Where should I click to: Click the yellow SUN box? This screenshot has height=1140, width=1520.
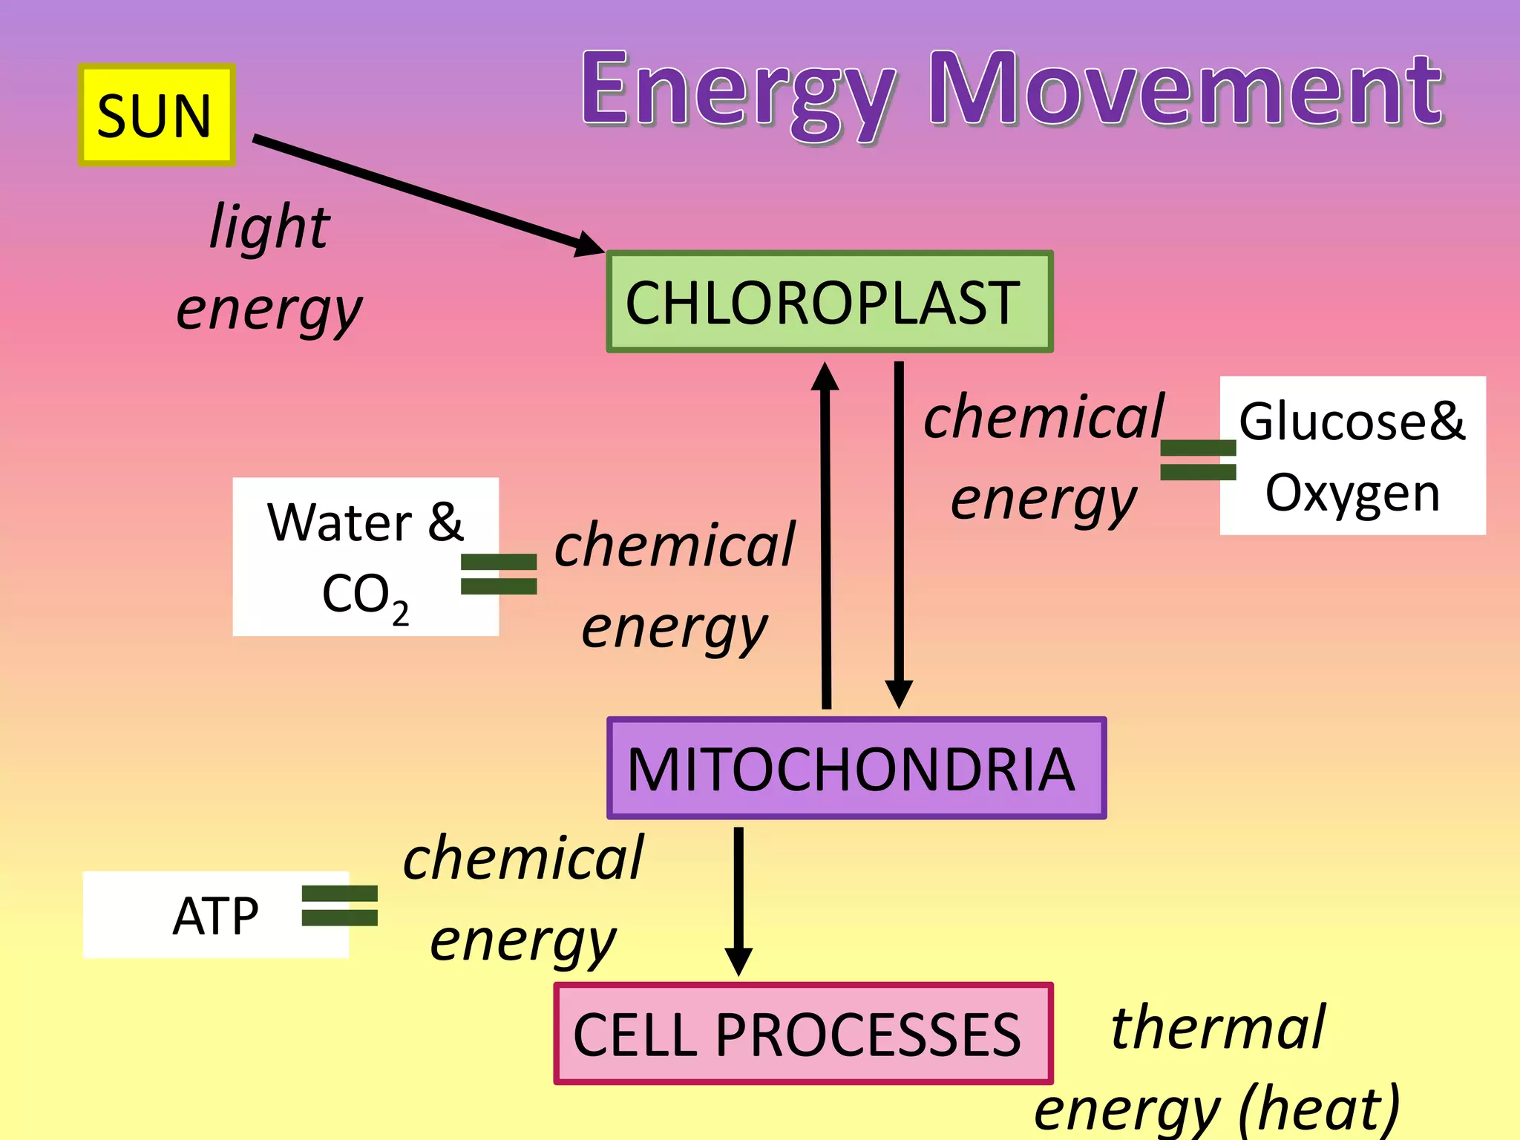coord(157,115)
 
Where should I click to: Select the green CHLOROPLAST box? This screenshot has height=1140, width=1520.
coord(829,301)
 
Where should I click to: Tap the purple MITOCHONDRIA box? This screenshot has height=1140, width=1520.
coord(856,768)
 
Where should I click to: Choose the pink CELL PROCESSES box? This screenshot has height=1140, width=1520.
coord(802,1034)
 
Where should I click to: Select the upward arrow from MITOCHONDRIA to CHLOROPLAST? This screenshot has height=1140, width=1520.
coord(825,534)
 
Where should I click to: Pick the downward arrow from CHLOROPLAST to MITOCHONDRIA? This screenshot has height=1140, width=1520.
coord(899,534)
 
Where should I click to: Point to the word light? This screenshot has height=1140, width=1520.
coord(269,226)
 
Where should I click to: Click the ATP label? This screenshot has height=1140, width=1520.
coord(215,916)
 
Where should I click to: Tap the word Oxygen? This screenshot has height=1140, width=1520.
coord(1352,494)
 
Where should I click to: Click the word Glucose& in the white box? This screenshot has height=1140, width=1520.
coord(1352,421)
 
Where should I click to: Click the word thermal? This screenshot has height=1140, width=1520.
coord(1217,1027)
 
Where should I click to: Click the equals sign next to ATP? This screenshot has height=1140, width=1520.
coord(340,905)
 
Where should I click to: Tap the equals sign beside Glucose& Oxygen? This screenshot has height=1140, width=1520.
coord(1198,459)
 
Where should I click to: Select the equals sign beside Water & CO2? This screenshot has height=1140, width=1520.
coord(499,574)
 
